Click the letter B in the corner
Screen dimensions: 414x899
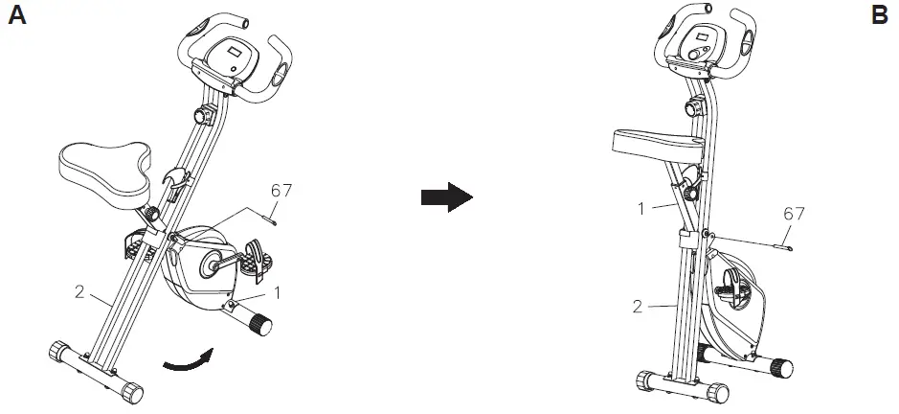pyautogui.click(x=880, y=16)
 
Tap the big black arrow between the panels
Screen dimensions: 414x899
pyautogui.click(x=447, y=197)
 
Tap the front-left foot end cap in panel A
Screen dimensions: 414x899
pyautogui.click(x=57, y=349)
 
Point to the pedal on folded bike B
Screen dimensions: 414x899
pyautogui.click(x=736, y=291)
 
